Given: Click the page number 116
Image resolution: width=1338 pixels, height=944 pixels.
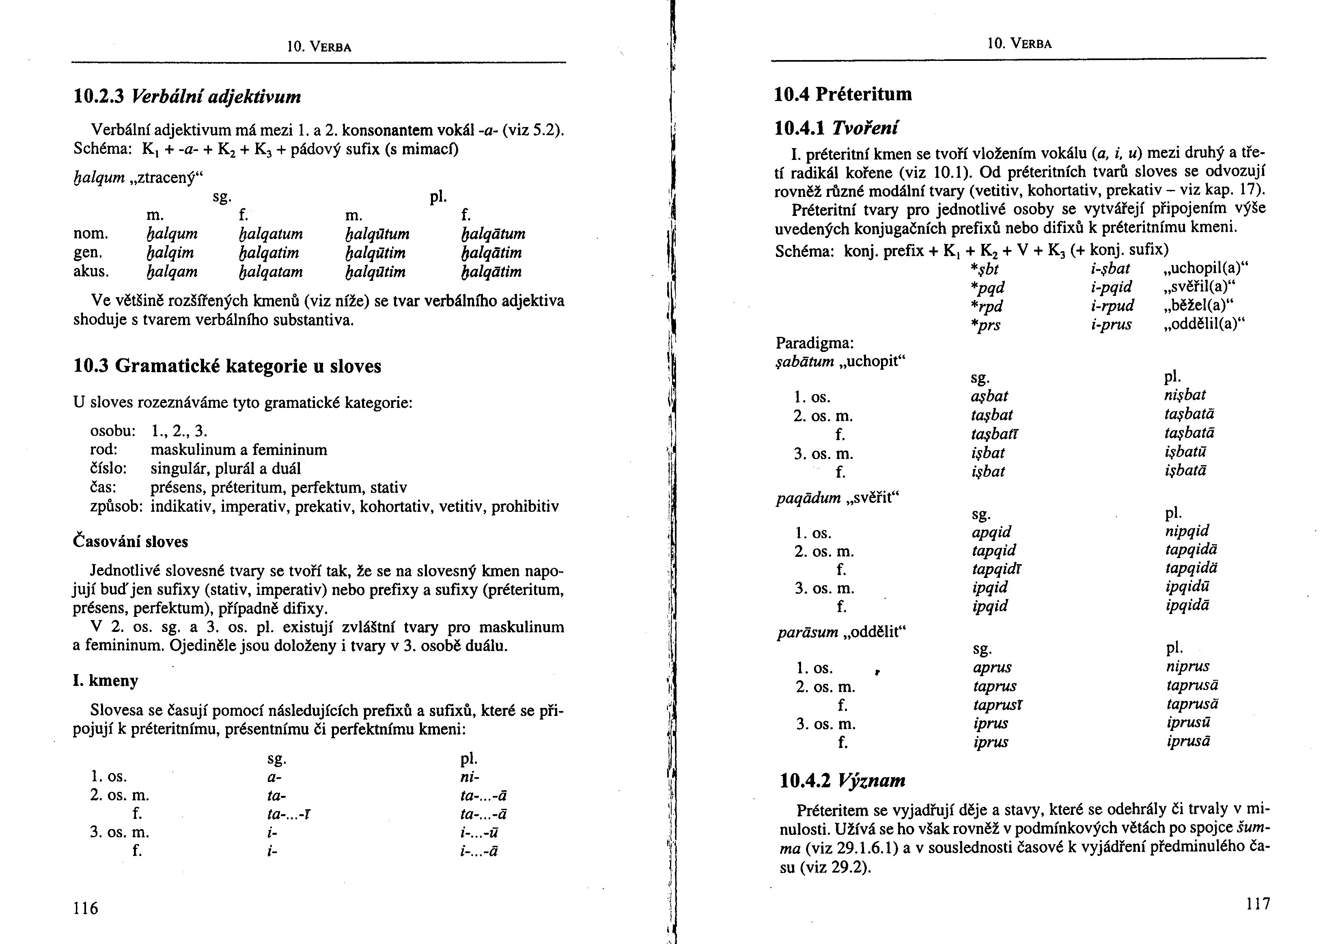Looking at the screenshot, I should tap(86, 908).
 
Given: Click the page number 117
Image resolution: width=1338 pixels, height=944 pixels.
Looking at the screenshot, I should tap(1258, 904).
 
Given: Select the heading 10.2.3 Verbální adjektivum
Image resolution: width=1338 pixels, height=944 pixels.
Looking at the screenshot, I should tap(187, 96).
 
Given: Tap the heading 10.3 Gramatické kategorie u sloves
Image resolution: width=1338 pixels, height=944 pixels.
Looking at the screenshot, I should tap(227, 366).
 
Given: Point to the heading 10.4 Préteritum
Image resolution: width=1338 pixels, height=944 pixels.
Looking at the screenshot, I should tap(842, 94).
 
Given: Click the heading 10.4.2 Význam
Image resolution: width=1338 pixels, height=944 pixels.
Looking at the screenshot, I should tap(842, 780).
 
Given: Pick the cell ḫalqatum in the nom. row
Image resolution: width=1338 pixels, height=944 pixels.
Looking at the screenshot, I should tap(271, 234).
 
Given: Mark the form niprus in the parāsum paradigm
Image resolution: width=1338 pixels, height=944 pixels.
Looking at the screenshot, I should tap(1188, 666).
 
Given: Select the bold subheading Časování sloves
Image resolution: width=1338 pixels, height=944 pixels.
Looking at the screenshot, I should tap(131, 542).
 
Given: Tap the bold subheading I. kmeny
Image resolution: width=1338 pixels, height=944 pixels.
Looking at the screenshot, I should tap(106, 681).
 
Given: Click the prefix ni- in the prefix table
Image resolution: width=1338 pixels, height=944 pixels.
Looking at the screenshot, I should tap(470, 777).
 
